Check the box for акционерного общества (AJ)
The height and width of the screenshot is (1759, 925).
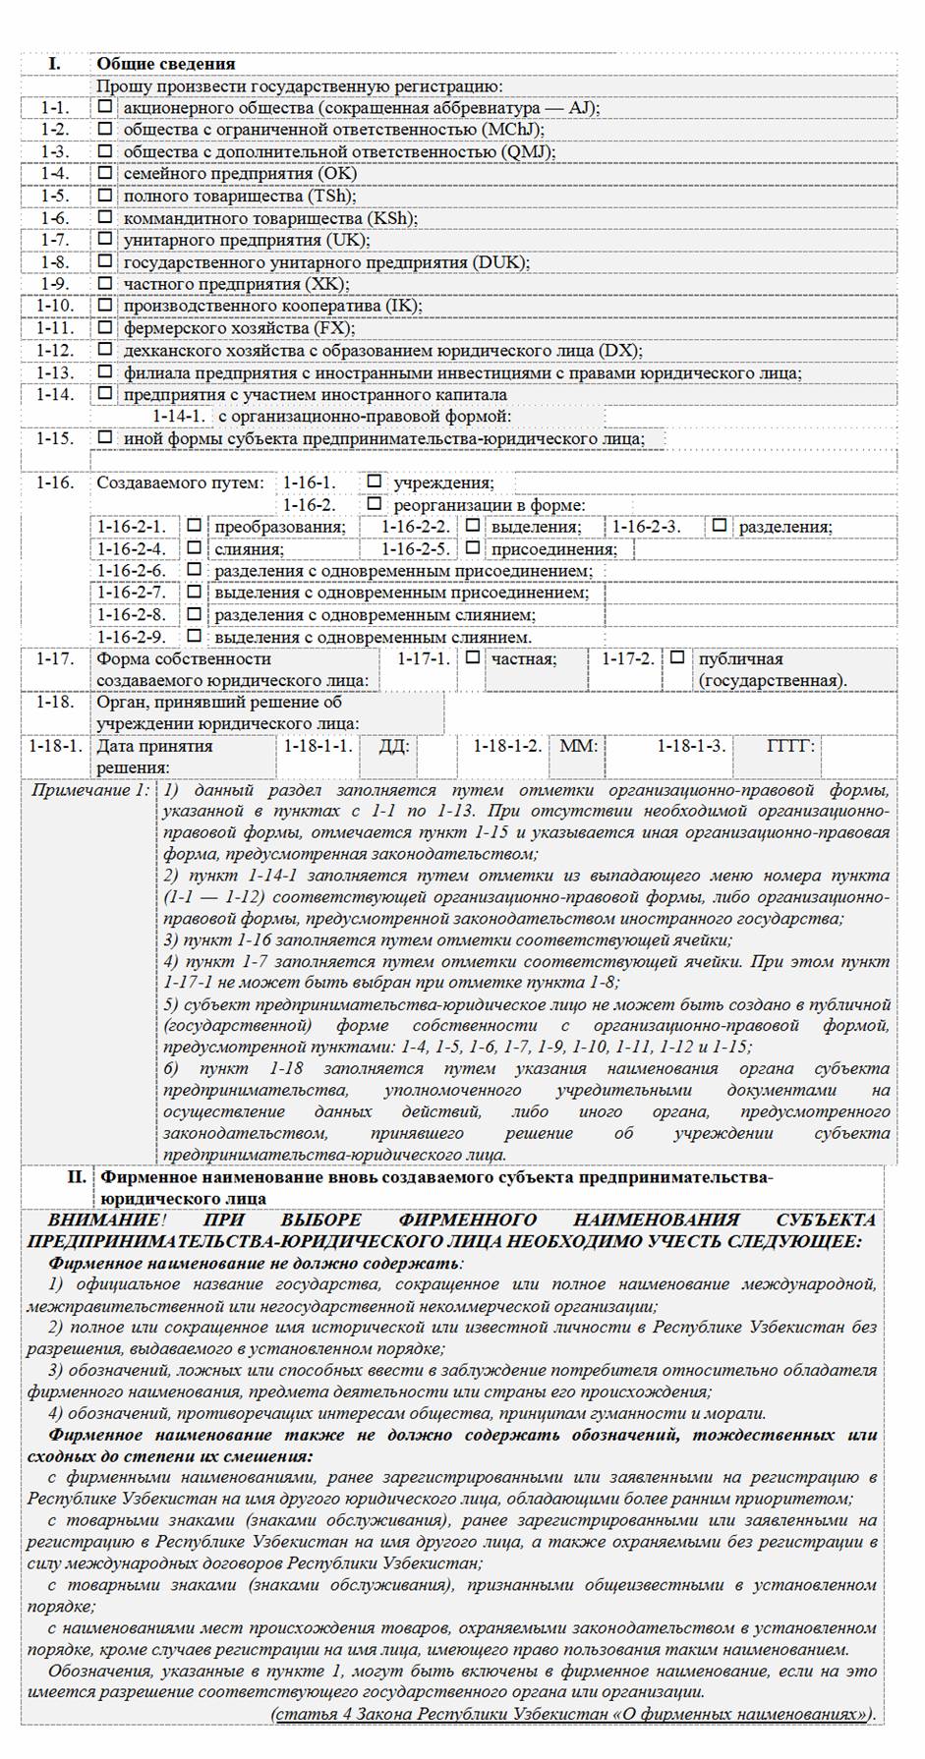point(105,107)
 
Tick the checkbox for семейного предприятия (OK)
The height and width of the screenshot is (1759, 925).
point(105,173)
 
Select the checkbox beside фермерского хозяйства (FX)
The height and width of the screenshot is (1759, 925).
point(105,327)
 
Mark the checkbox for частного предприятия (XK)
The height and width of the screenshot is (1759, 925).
point(105,283)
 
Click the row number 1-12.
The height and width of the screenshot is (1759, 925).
point(55,350)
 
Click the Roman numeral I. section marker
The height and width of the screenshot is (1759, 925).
point(55,64)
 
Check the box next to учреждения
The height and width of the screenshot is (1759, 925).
point(374,482)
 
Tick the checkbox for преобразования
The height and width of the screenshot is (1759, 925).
point(195,526)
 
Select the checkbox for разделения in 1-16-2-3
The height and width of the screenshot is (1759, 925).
point(720,526)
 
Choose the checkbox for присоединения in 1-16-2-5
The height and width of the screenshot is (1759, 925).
point(473,548)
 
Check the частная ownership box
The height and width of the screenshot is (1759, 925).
point(473,657)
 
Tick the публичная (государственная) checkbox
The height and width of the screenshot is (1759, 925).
point(678,657)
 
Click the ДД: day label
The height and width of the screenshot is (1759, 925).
point(394,746)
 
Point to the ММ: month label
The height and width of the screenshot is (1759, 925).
point(578,746)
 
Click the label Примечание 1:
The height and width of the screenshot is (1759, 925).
point(90,790)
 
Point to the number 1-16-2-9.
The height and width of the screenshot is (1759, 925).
point(132,637)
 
